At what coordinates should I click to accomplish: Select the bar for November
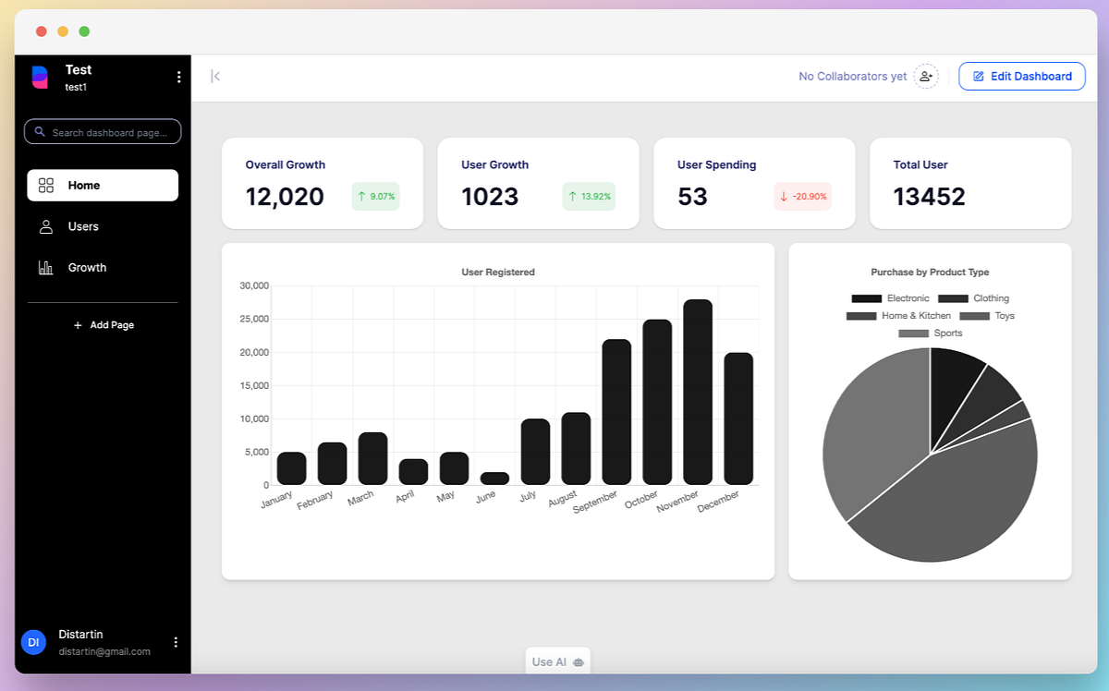pos(698,392)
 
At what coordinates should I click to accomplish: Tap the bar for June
pos(494,479)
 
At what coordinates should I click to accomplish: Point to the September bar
pos(616,412)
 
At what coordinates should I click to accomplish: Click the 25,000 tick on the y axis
pos(254,319)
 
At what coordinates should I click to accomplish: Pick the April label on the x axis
pos(405,497)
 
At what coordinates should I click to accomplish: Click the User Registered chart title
pos(498,273)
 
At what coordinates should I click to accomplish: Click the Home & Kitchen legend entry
pos(898,316)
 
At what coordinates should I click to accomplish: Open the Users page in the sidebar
pos(83,226)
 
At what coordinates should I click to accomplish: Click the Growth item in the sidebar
pos(87,268)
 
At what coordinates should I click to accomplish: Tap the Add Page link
pos(104,325)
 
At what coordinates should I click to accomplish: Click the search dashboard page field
pos(103,132)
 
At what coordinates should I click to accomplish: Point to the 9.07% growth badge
pos(375,197)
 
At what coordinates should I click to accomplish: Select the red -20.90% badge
pos(802,197)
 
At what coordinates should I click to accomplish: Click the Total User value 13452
pos(929,197)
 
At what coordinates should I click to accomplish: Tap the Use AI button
pos(557,661)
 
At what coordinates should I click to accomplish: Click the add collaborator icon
pos(926,77)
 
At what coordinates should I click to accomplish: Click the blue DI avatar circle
pos(33,642)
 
